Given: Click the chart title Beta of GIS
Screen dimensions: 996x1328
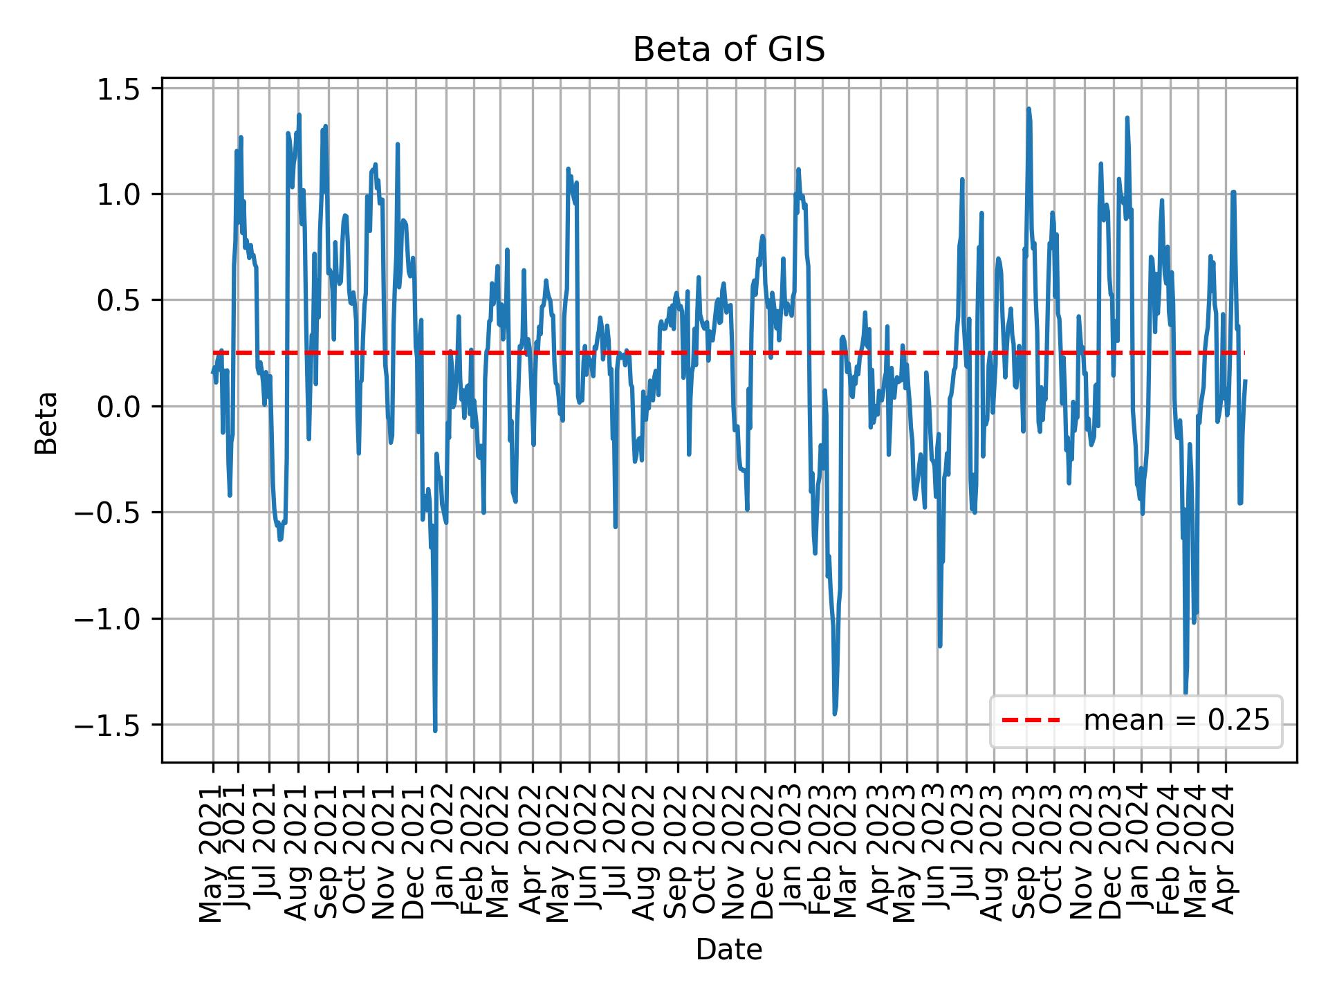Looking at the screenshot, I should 729,50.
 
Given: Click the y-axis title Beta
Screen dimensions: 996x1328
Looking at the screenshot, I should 46,423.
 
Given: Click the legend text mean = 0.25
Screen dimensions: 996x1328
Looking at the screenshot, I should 1177,721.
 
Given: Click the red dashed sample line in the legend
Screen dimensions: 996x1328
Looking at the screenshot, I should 1031,721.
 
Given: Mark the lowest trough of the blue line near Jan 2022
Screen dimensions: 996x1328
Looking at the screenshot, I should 435,730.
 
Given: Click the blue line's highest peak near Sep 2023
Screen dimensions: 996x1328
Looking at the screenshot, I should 1029,109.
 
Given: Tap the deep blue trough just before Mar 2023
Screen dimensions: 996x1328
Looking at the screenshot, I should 835,713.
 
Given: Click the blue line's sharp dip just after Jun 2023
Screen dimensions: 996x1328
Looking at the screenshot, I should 939,646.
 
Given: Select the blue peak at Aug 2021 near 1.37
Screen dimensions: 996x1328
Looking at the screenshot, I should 299,116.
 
